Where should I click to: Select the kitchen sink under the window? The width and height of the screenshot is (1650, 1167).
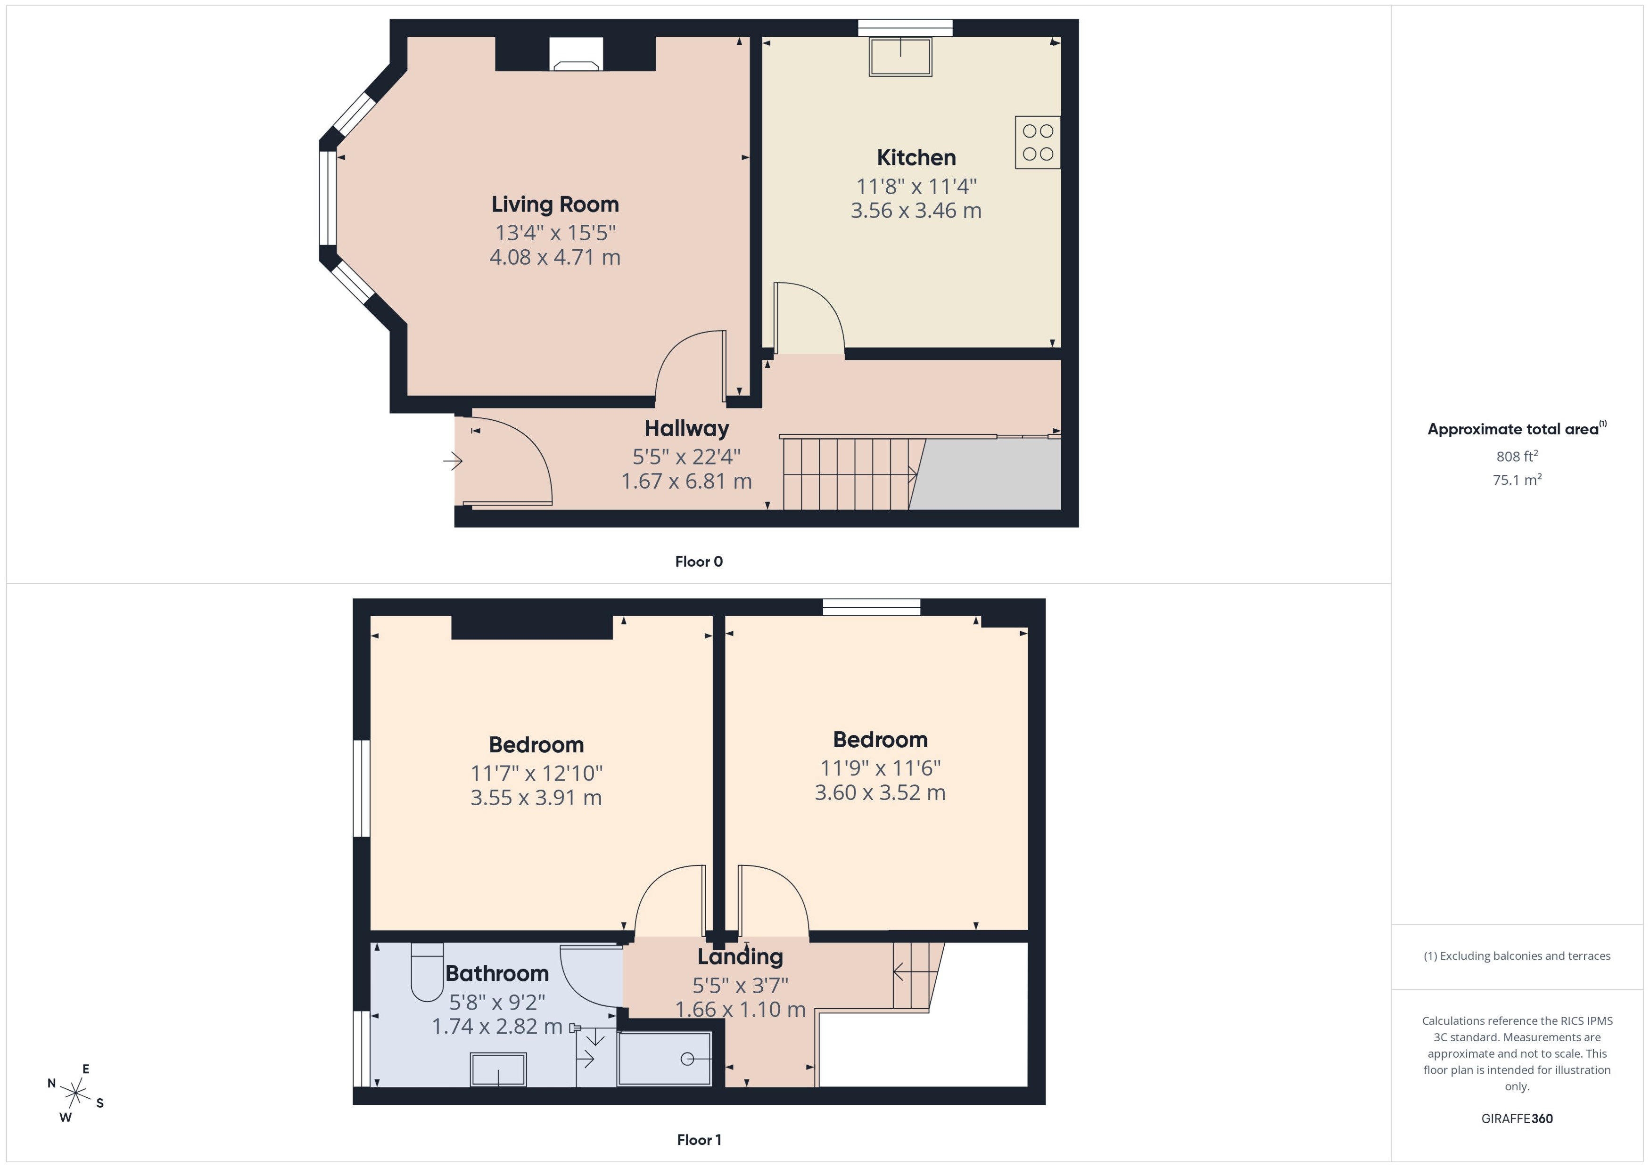[900, 57]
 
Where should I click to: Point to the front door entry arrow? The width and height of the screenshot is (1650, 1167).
[452, 461]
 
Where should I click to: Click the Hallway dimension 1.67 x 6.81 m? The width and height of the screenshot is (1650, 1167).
[686, 481]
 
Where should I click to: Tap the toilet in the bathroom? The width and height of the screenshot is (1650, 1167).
[427, 972]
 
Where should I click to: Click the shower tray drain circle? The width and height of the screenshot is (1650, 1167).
[686, 1059]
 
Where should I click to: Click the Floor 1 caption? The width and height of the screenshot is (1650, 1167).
[698, 1140]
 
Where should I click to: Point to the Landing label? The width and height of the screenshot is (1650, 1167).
[740, 956]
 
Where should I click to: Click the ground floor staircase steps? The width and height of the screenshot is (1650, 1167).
[849, 474]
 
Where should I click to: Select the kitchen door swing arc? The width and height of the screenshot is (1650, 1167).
[820, 309]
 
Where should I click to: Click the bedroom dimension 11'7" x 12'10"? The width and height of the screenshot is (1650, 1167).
[536, 773]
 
